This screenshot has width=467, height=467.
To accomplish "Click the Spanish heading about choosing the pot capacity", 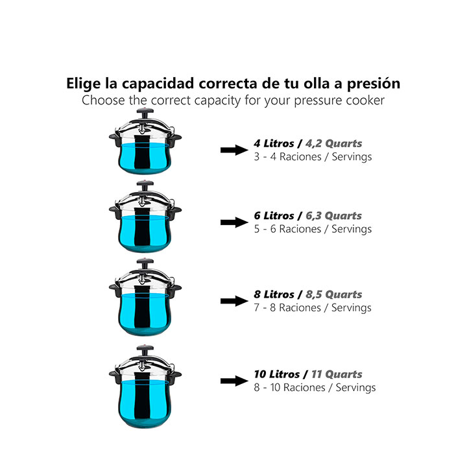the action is coord(233,84).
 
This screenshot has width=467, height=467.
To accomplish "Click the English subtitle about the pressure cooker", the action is coord(233,101).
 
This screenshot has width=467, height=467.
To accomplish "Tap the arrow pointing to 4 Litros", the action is coord(234,150).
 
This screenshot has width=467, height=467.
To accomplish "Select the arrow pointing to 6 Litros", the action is coord(234,222).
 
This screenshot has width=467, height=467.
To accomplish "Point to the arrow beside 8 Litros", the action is coord(234,301).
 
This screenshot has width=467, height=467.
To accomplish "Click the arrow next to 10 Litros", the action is coord(234,381).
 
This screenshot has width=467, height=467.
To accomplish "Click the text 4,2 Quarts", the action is coord(334,144).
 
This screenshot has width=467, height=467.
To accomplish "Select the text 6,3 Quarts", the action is coord(333,216).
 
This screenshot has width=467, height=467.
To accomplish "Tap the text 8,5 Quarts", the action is coord(334,294).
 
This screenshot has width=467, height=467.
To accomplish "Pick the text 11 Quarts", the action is coord(337,374).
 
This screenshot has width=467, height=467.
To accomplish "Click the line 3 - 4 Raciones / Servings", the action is coord(313,157).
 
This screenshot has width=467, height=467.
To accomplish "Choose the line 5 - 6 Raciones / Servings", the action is coord(313,229).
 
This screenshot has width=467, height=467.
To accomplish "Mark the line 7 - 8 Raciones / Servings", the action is coord(313,307).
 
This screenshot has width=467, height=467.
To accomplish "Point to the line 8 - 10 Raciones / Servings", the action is coord(315,387).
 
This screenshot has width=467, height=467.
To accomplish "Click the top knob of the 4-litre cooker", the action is coord(145,113).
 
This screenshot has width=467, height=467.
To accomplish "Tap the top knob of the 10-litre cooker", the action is coord(145,350).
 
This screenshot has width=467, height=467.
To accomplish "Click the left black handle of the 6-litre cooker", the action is coord(115,211).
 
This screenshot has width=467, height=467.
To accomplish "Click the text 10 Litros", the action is coord(276,374).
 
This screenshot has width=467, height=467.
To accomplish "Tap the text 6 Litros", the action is coord(274,216).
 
